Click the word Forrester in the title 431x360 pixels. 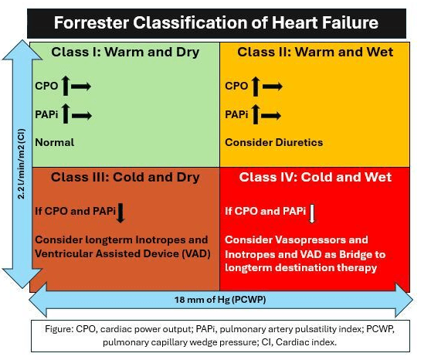[x=91, y=22]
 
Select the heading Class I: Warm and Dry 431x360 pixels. [x=125, y=53]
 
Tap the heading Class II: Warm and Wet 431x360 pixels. [x=315, y=52]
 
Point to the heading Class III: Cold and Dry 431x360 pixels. [x=125, y=178]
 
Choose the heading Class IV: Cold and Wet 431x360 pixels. [x=315, y=177]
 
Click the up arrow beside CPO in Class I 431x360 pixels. [x=66, y=86]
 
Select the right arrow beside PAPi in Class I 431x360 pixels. [x=82, y=115]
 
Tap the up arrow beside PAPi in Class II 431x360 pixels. [x=256, y=114]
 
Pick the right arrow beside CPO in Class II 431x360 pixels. [x=273, y=87]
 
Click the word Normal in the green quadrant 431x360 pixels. [x=55, y=142]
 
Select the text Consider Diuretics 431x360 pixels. [x=274, y=142]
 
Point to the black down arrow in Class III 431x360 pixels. [x=120, y=213]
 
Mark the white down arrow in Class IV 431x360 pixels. [x=312, y=214]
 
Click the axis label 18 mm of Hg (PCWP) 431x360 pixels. [x=220, y=300]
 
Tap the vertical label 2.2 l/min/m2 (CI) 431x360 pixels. [x=21, y=164]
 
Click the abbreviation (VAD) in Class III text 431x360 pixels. [x=196, y=253]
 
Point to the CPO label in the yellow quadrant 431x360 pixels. [x=236, y=86]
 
